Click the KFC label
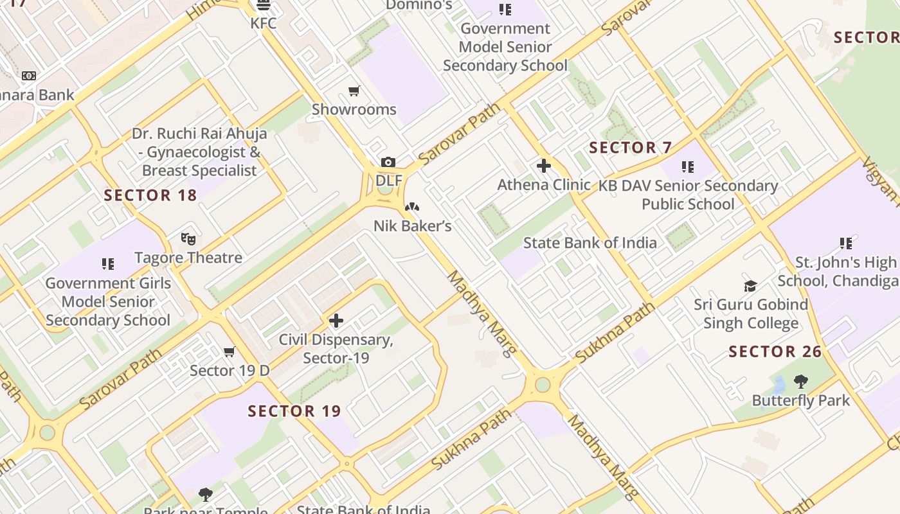pos(264,24)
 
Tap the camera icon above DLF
pos(388,163)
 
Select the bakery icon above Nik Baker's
pos(412,208)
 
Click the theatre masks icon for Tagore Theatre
pos(188,239)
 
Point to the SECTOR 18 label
pos(150,195)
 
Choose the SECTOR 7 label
pos(630,148)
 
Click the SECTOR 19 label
pos(294,411)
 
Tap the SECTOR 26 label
pos(775,351)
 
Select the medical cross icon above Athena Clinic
pos(543,166)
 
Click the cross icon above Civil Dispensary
pos(336,321)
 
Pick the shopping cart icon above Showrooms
pos(354,91)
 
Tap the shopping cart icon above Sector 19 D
pos(229,352)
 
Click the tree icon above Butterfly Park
pos(800,382)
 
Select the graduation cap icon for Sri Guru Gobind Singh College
pos(750,286)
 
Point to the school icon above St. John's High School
pos(845,244)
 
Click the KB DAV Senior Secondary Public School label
pos(688,195)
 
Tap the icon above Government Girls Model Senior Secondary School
pos(107,264)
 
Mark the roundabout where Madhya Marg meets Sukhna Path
pos(543,385)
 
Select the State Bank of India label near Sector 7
pos(589,243)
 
